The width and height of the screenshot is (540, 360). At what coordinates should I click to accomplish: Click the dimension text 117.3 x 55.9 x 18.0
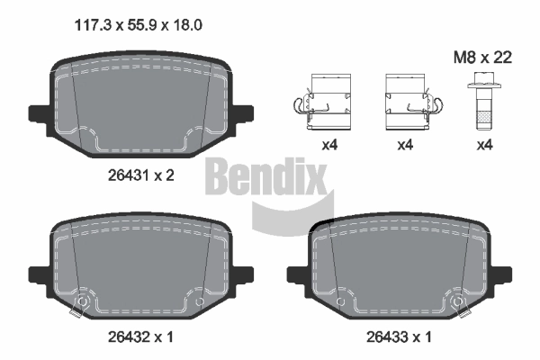139,25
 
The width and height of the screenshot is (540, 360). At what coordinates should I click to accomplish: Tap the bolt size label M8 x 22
482,58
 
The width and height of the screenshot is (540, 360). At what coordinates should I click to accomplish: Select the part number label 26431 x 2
141,175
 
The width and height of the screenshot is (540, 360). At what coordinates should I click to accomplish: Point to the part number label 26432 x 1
141,337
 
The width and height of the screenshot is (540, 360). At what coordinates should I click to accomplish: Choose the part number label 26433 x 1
399,337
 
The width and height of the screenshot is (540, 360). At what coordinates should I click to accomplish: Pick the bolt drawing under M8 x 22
484,101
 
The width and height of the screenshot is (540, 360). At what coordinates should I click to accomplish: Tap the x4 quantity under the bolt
484,145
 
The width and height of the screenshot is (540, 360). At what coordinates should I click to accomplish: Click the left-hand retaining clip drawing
322,102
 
